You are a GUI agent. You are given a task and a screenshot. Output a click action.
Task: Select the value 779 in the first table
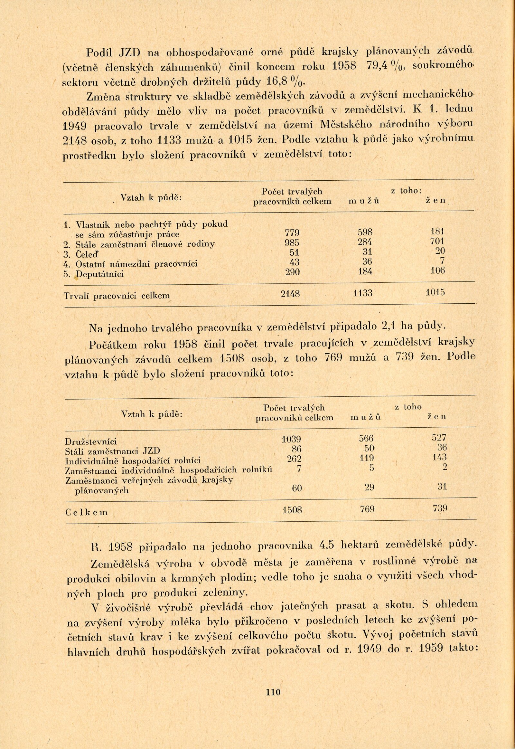tap(292, 233)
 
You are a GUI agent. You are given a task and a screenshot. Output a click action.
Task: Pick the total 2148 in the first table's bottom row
tap(290, 293)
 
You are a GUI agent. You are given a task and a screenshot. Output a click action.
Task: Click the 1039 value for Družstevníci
tap(291, 439)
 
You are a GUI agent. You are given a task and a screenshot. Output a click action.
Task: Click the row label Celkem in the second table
tap(87, 512)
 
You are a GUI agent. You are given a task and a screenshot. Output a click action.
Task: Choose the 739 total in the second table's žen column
tap(440, 508)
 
